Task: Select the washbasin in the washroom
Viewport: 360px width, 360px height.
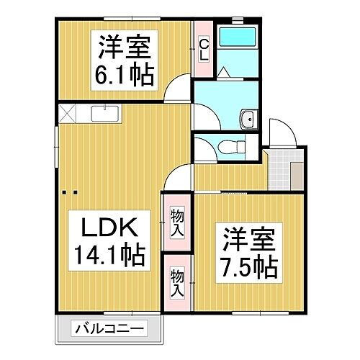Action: pyautogui.click(x=249, y=120)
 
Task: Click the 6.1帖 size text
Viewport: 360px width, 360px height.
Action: pyautogui.click(x=122, y=75)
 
